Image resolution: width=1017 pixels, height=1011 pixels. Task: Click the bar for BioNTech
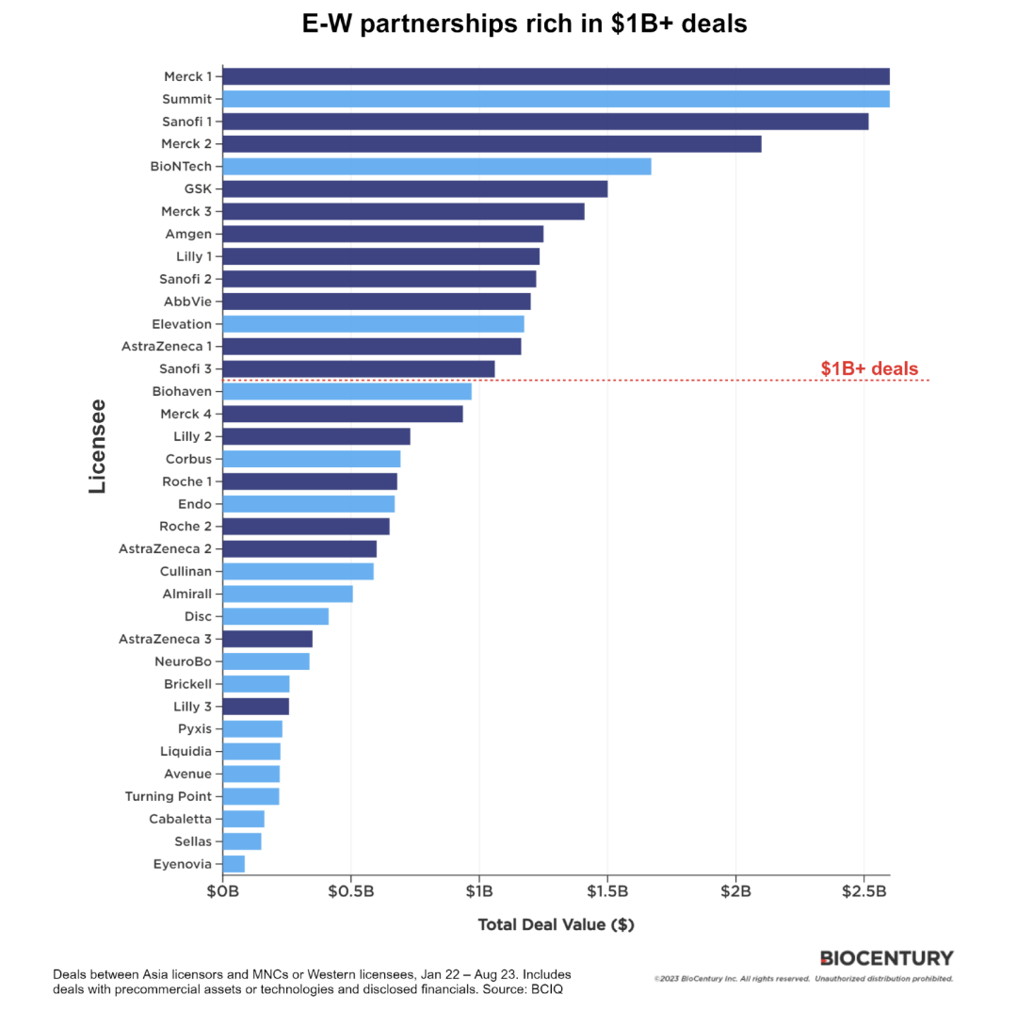437,167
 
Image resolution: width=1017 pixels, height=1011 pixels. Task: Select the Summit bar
556,99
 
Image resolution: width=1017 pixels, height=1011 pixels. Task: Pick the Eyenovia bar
234,864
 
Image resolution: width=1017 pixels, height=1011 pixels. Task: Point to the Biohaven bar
347,391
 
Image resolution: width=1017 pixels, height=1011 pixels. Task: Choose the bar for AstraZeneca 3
267,639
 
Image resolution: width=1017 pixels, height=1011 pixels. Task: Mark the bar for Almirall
287,594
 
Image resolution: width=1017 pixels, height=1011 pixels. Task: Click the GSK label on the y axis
198,189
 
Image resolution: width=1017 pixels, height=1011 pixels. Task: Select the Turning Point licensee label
168,796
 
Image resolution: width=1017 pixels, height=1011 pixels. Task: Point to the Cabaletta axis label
180,819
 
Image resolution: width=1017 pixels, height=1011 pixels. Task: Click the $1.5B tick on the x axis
607,892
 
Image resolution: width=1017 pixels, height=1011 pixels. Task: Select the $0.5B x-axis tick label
350,892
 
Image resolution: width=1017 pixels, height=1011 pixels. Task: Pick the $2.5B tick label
864,892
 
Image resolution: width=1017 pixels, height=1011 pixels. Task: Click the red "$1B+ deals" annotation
868,369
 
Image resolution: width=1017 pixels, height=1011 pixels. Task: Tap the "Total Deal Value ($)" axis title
556,924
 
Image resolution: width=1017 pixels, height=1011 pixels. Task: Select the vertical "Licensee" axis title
97,447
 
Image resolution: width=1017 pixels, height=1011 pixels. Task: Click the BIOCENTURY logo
886,958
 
